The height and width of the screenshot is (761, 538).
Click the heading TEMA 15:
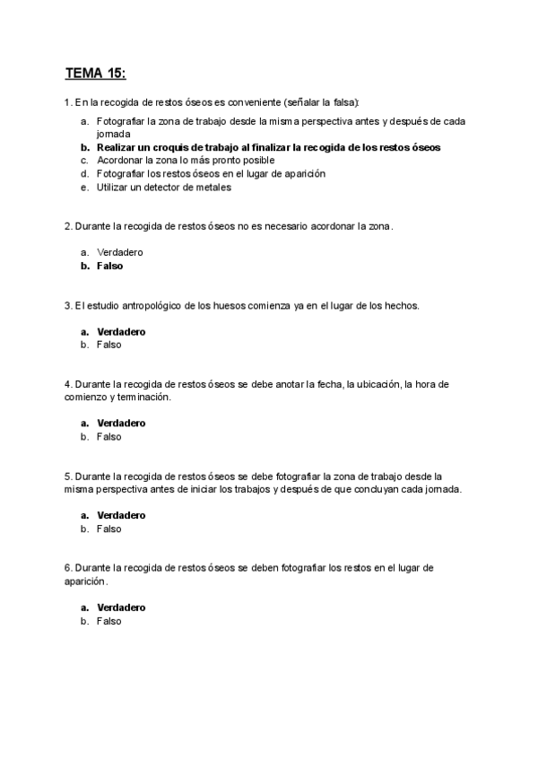coord(101,72)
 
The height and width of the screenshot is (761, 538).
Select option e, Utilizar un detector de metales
coord(163,188)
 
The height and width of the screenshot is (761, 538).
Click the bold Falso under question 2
coord(109,266)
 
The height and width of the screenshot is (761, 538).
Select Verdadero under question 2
coord(119,252)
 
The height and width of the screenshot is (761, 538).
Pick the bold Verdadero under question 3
coord(121,331)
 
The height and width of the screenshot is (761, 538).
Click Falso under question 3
coord(108,345)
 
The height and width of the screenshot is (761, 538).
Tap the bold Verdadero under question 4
coord(121,423)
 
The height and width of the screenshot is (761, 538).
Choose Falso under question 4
coord(108,437)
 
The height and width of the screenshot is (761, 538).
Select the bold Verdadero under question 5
coord(121,515)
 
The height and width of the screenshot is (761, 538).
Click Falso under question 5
coord(108,529)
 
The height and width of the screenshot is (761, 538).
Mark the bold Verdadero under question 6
coord(121,608)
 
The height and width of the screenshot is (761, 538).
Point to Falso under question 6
coord(108,621)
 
